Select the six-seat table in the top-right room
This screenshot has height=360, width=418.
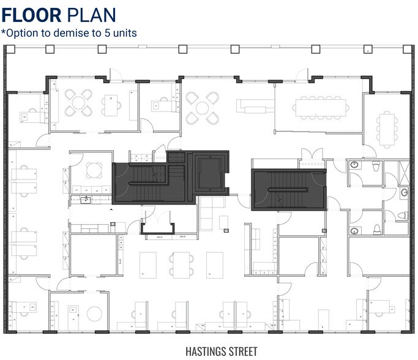point(386,128)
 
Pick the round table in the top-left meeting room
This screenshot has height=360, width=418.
point(78,103)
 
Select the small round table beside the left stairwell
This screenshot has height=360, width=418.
point(93,168)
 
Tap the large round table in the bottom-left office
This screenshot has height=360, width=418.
point(93,313)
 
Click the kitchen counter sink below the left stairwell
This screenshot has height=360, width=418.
point(87,200)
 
